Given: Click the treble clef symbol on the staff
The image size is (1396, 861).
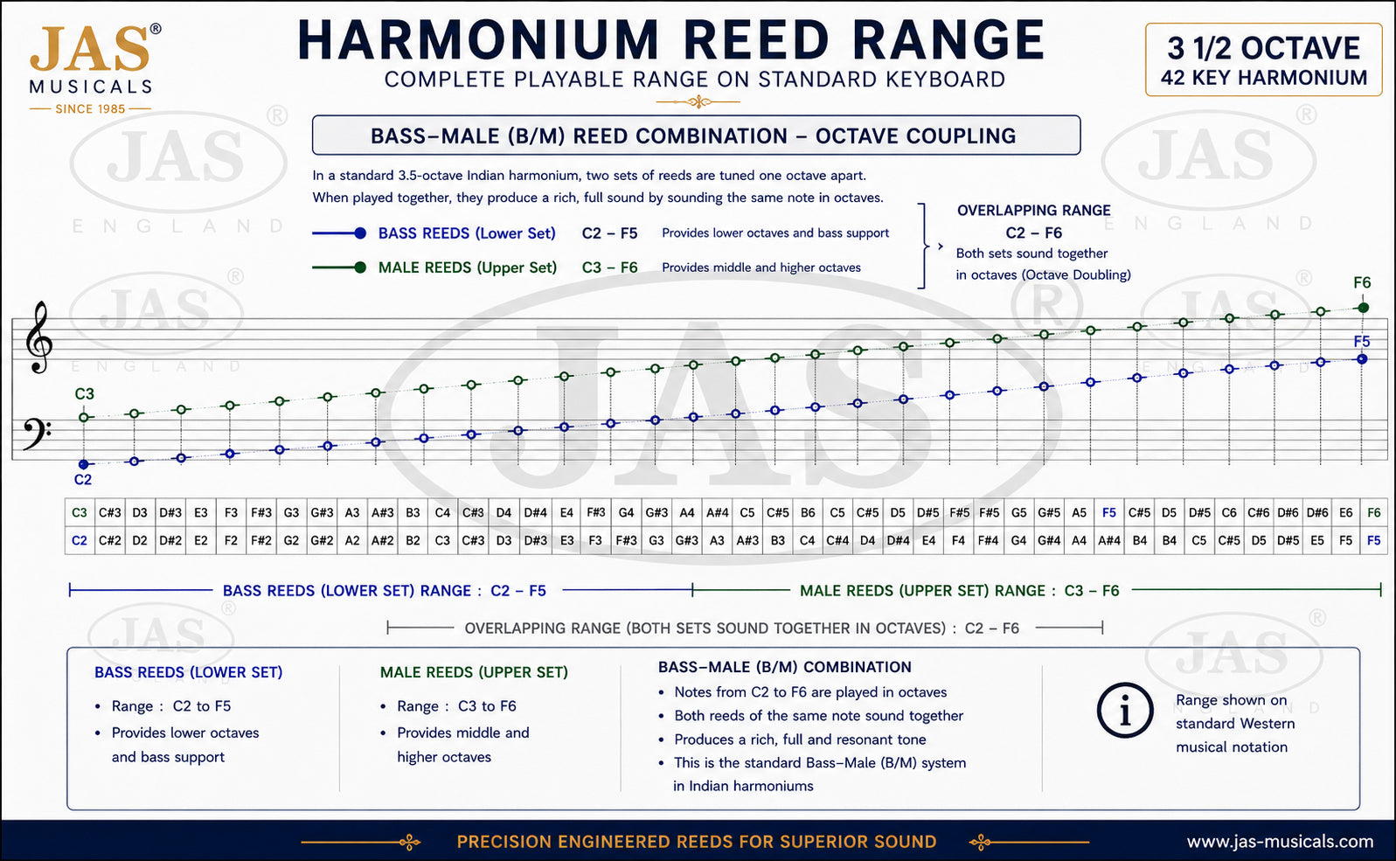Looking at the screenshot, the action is click(38, 337).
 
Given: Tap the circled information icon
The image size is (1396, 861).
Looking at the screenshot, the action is click(1125, 711).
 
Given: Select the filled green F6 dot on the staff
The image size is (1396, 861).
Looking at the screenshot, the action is click(1363, 308).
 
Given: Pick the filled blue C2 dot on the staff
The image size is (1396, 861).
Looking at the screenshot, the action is click(84, 464).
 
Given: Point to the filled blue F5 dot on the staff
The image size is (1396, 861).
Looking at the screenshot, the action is click(1362, 359).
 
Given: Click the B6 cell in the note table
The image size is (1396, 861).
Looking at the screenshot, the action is click(808, 513).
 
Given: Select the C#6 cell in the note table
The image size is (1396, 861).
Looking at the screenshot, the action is click(1258, 513).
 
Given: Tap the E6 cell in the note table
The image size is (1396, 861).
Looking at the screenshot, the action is click(1345, 513).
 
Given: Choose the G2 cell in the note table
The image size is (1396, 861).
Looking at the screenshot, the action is click(291, 540).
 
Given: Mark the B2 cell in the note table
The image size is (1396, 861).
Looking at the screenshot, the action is click(413, 540).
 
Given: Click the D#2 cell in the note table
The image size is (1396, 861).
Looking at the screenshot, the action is click(170, 540).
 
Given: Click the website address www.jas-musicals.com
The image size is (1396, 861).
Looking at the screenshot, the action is click(1280, 842).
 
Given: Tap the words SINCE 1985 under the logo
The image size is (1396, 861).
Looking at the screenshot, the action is click(90, 109).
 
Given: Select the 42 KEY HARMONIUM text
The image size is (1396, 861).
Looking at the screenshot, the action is click(1264, 78).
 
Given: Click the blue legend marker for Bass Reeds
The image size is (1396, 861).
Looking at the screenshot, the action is click(340, 233).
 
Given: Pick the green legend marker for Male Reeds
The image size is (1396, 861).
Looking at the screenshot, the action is click(340, 267).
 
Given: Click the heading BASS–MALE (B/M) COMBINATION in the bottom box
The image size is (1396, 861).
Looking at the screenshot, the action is click(785, 667).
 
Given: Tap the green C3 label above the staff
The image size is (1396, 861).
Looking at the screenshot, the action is click(84, 393).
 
